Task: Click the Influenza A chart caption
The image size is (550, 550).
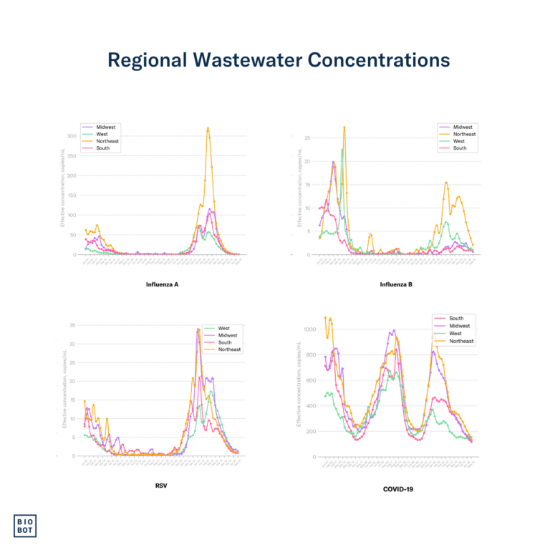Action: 162,284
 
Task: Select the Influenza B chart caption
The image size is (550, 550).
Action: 396,284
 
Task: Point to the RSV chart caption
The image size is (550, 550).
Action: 162,485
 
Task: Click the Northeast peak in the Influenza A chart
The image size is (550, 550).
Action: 208,128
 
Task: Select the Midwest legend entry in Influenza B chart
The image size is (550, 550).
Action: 463,127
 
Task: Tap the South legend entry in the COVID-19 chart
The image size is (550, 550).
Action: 455,318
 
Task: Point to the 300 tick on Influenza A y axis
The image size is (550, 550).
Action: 72,136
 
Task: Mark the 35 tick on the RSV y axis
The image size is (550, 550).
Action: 72,326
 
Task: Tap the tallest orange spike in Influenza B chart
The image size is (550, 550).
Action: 344,127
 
